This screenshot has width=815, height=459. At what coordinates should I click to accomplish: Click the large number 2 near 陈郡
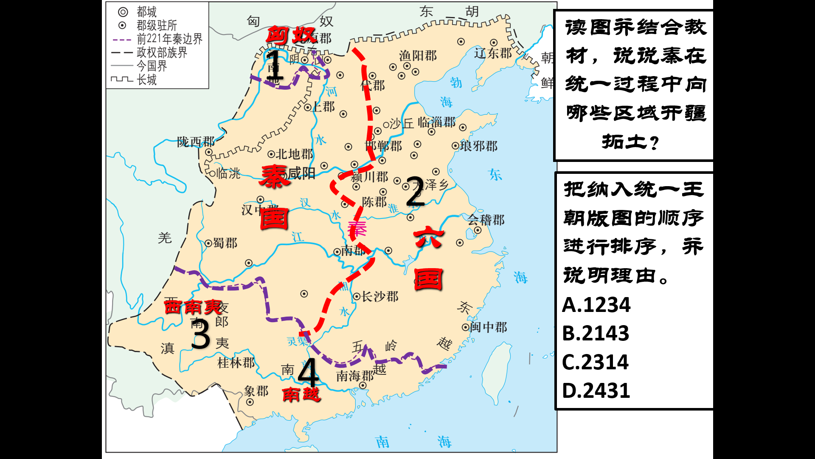(x=415, y=192)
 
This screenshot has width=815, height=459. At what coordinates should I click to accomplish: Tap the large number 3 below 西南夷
(x=200, y=334)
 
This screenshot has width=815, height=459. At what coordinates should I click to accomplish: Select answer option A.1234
(x=596, y=305)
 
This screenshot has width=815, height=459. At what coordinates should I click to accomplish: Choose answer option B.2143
(x=595, y=333)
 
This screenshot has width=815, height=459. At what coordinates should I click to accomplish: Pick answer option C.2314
(x=595, y=362)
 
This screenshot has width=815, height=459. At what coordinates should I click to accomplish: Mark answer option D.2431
(x=596, y=391)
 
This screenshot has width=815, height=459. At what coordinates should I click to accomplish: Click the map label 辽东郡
(x=493, y=53)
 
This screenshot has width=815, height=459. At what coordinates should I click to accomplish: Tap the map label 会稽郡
(x=486, y=220)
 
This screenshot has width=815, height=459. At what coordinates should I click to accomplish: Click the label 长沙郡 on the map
(x=380, y=296)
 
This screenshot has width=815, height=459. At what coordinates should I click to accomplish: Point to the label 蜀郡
(x=225, y=243)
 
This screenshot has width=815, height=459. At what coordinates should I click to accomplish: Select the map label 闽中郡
(x=488, y=327)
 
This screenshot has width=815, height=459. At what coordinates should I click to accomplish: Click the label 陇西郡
(x=196, y=142)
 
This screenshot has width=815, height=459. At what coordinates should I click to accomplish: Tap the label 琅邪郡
(x=478, y=146)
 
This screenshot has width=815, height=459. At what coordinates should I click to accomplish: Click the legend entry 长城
(x=146, y=79)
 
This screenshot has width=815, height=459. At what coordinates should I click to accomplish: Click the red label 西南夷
(x=193, y=306)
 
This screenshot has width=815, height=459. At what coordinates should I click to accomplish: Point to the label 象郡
(x=256, y=391)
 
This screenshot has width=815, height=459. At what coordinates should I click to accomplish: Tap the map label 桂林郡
(x=236, y=363)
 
